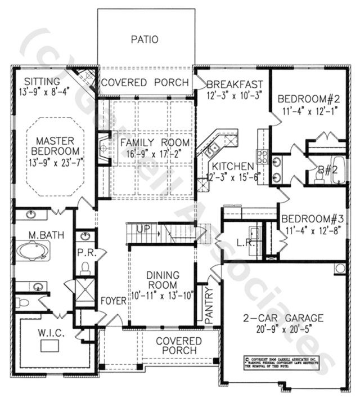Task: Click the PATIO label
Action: [x=145, y=39]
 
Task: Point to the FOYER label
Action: [x=113, y=301]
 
